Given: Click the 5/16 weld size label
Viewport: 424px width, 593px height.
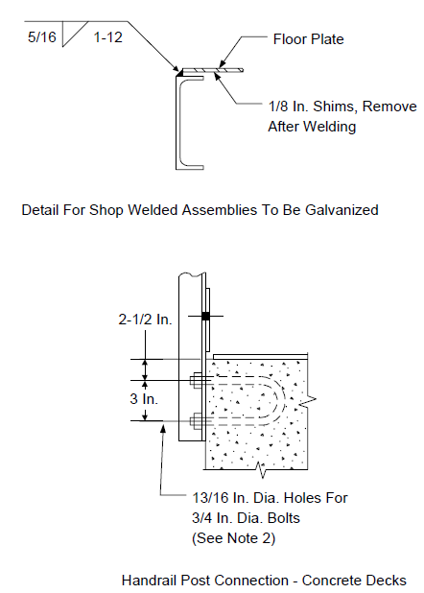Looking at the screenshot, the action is [41, 37].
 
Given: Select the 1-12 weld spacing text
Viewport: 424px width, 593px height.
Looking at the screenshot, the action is [107, 37].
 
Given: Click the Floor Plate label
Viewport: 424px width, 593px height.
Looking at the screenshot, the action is [308, 39].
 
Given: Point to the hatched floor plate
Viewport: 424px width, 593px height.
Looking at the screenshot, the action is [212, 70].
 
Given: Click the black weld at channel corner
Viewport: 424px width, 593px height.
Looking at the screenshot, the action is [177, 71].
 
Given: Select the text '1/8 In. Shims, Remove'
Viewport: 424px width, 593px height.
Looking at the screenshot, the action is [342, 107].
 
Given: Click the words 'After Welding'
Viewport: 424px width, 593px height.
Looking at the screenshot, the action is [312, 127].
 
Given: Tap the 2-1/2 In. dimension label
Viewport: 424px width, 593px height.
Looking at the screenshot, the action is [145, 320].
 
